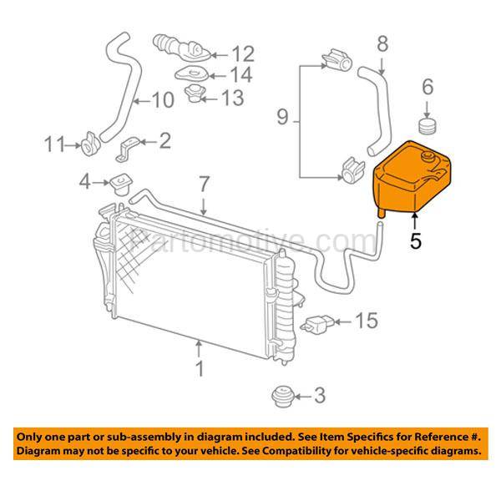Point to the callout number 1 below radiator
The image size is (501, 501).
point(198,368)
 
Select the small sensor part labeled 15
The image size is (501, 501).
point(322,322)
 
